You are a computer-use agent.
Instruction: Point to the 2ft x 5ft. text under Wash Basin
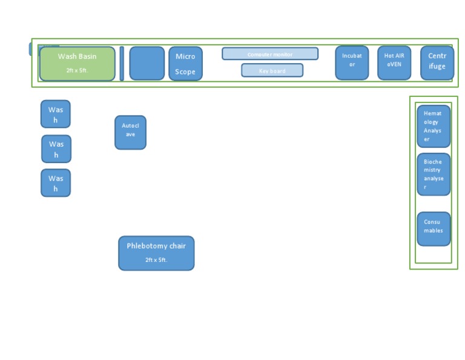[x=77, y=70]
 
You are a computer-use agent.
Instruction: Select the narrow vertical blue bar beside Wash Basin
[x=122, y=63]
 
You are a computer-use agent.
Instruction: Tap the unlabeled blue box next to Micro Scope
[x=147, y=63]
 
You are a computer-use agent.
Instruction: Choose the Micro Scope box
[x=185, y=63]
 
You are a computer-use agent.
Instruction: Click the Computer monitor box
[x=269, y=54]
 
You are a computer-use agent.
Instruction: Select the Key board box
[x=272, y=70]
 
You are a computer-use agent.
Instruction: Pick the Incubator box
[x=352, y=62]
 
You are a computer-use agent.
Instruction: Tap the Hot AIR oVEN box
[x=394, y=62]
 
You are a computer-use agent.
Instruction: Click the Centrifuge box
[x=437, y=62]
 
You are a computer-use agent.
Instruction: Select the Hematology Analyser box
[x=434, y=126]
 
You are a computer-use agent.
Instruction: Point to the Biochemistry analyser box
[x=434, y=174]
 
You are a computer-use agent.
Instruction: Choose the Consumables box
[x=434, y=228]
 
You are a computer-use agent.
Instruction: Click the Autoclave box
[x=130, y=132]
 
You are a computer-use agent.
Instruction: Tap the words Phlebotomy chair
[x=156, y=246]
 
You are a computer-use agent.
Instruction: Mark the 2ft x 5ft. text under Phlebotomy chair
[x=156, y=260]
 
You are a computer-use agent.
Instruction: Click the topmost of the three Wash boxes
[x=56, y=114]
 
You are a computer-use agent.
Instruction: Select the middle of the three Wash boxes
[x=56, y=149]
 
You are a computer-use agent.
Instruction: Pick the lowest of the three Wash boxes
[x=56, y=183]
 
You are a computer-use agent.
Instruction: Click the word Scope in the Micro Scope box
[x=185, y=72]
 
